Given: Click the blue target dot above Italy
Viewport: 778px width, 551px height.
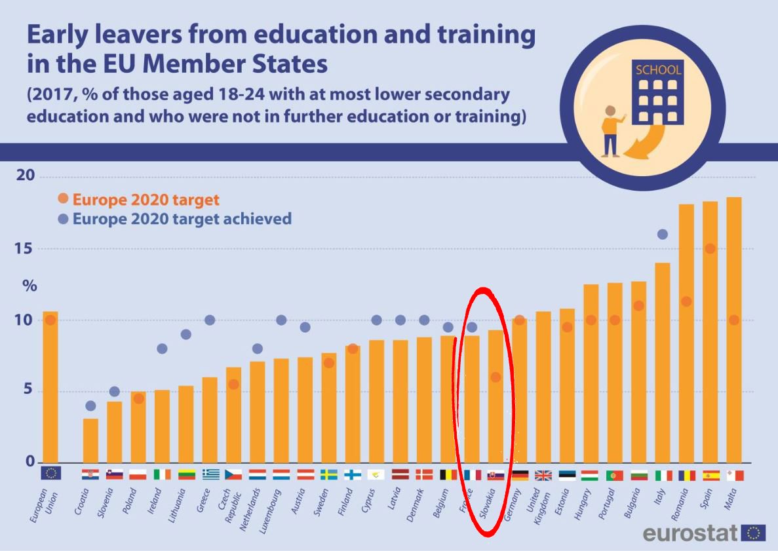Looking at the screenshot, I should (662, 235).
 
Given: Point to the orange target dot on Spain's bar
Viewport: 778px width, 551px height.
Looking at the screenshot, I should (710, 248).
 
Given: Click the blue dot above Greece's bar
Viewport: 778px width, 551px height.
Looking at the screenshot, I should (210, 320).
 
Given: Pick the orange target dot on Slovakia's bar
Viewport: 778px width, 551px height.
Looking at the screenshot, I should (496, 377).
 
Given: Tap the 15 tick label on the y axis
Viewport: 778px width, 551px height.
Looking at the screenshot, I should (25, 249).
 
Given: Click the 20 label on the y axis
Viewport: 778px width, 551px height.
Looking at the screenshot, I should (25, 176).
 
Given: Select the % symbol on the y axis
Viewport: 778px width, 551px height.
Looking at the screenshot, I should (30, 286).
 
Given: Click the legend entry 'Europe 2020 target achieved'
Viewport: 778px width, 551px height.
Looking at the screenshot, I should (182, 219).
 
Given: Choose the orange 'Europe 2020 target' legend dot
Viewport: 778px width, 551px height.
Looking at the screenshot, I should (63, 199).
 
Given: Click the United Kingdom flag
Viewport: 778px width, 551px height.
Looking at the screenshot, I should (543, 475).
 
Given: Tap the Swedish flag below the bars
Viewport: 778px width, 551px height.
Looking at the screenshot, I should (328, 475).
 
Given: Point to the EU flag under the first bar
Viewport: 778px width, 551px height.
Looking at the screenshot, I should (50, 473).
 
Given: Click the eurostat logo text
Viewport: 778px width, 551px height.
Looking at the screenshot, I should (690, 533).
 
